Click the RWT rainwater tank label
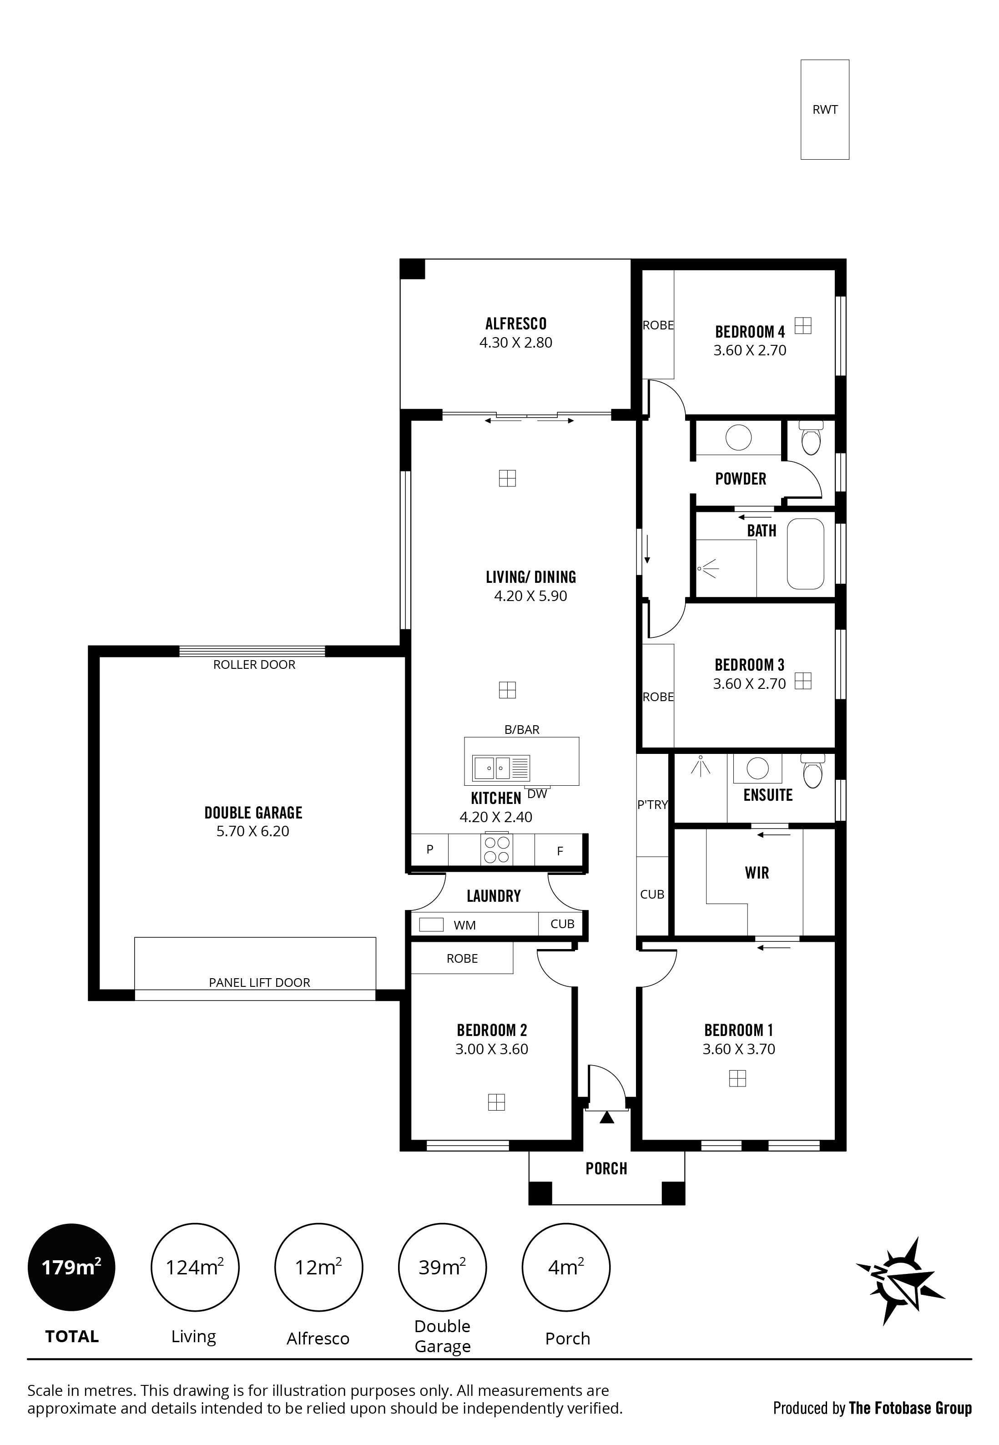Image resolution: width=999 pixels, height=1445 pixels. coord(824,110)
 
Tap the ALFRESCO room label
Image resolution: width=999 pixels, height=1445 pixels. coord(516,323)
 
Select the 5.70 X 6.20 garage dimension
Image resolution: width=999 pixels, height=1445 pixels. coord(253,831)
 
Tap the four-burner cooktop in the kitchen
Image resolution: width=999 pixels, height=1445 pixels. coord(497,849)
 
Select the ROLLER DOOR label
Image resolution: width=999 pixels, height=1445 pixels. coord(254,665)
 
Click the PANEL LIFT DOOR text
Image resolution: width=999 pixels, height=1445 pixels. coord(259,983)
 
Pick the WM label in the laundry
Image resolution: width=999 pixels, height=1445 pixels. coord(464,925)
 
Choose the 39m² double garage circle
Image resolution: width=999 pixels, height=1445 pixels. coord(443,1267)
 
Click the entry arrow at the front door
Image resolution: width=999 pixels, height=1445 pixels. coord(606,1117)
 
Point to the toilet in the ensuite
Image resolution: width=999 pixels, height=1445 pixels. coord(812,771)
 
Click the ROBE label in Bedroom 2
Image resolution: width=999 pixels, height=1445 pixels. coord(462,959)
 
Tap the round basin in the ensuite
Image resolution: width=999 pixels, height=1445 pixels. coord(758,768)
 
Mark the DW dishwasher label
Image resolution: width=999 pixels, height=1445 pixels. coord(537,794)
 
